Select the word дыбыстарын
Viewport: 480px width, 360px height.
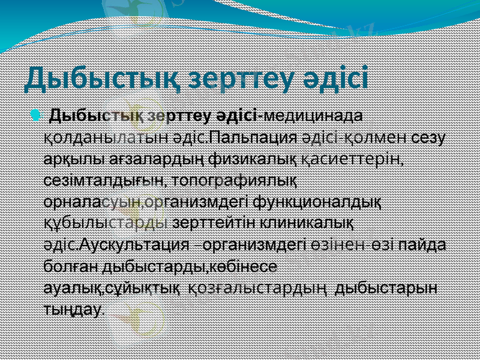coord(386,289)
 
